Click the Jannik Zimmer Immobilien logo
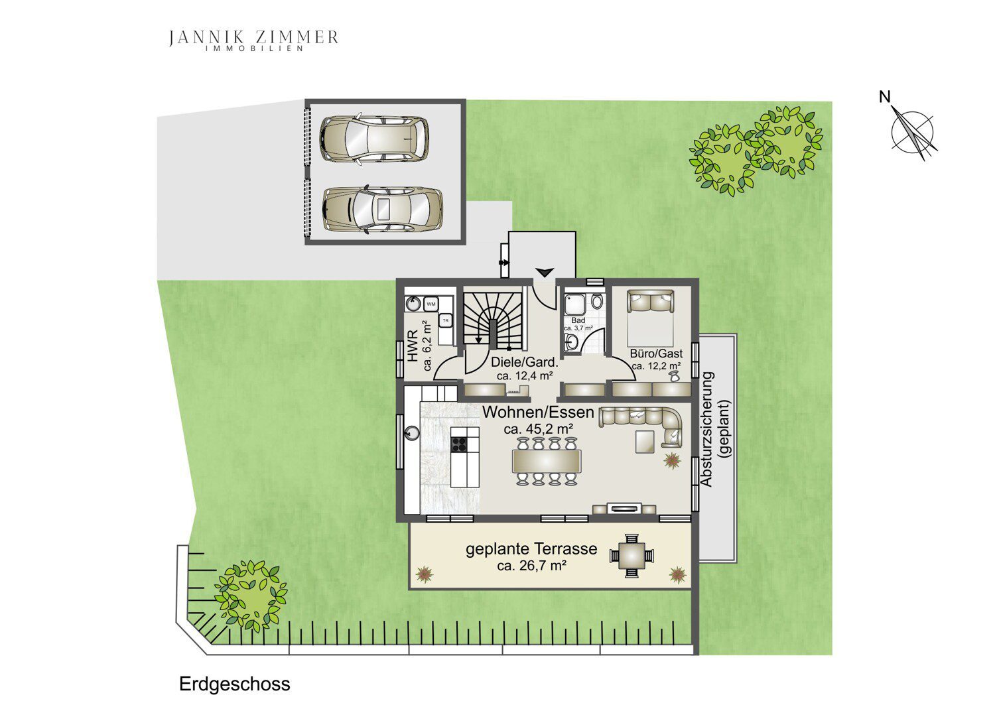[x=253, y=40]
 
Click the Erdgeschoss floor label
[x=235, y=684]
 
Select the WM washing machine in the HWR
[x=431, y=304]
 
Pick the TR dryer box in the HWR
[x=445, y=320]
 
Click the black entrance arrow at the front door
[x=544, y=272]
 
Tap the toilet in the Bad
[x=598, y=302]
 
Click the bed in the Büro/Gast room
[x=650, y=318]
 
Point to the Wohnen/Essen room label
[x=538, y=412]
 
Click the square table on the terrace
[x=631, y=556]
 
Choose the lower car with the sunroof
[x=382, y=209]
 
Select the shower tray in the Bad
[x=575, y=303]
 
